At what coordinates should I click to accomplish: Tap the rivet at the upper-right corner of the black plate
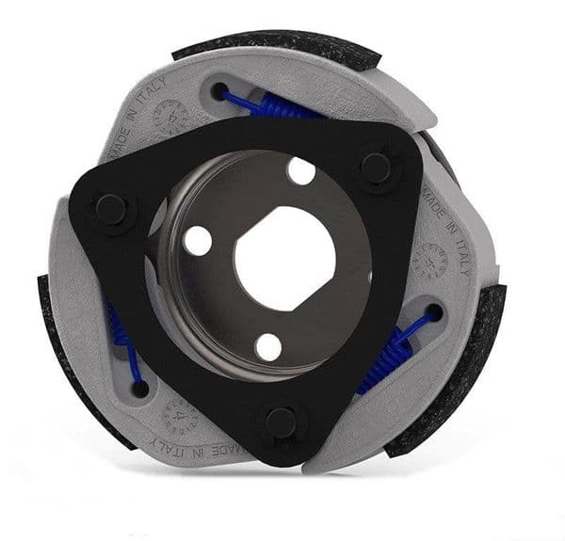click(376, 167)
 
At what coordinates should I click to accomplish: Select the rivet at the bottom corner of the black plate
click(280, 422)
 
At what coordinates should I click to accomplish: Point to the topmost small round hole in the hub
click(301, 171)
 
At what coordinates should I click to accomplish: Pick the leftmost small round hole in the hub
click(198, 241)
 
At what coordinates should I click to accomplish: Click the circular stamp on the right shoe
click(432, 259)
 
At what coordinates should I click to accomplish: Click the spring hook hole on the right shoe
click(435, 311)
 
